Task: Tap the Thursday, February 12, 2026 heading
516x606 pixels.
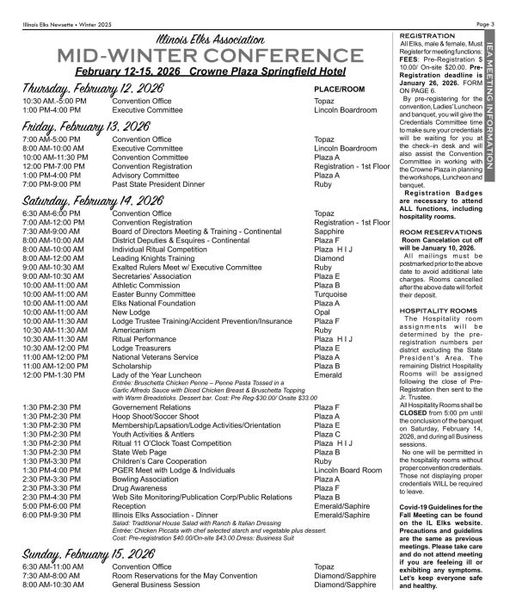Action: coord(86,88)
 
